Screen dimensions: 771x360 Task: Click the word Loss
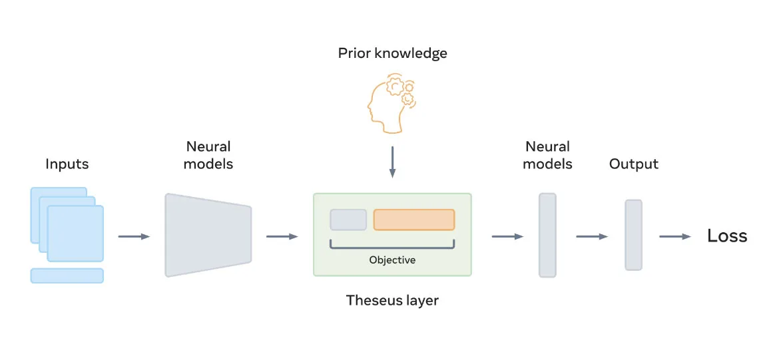coord(727,236)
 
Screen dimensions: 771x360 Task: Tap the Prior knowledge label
coord(392,53)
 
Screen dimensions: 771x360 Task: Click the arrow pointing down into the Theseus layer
coord(392,161)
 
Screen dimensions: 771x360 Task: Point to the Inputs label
coord(67,164)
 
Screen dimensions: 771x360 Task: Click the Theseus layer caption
coord(392,300)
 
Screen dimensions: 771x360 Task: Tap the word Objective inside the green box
coord(392,260)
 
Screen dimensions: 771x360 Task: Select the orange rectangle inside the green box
coord(414,220)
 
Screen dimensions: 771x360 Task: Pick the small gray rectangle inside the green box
coord(348,220)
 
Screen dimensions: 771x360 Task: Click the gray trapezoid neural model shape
coord(208,235)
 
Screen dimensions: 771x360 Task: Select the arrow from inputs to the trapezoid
coord(134,237)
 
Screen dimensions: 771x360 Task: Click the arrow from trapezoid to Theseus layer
coord(282,237)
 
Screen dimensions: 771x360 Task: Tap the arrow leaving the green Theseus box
coord(507,237)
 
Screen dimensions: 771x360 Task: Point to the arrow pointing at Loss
coord(675,237)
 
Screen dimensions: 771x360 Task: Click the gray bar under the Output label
coord(633,235)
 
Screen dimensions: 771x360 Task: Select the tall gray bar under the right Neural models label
coord(547,236)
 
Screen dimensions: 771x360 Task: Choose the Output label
coord(633,164)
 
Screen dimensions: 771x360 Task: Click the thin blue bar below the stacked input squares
coord(67,275)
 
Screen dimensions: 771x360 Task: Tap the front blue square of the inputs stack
coord(76,234)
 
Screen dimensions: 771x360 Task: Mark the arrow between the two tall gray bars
coord(592,237)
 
